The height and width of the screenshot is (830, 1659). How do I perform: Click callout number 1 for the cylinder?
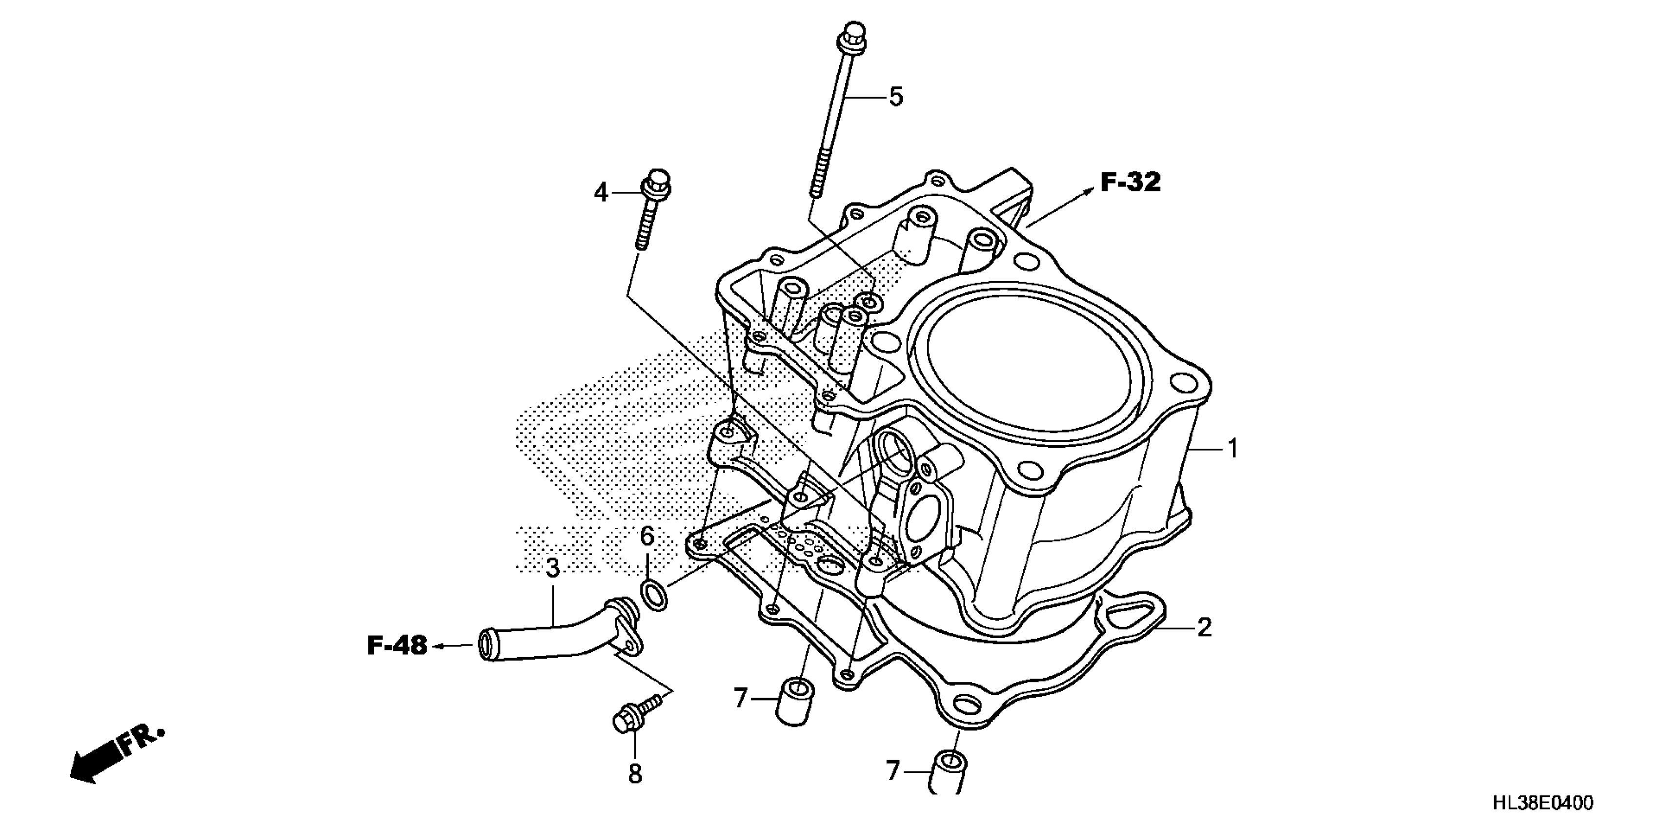(1233, 449)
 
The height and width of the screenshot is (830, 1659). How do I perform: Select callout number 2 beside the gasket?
(1204, 627)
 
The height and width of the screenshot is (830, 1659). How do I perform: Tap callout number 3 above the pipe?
(552, 569)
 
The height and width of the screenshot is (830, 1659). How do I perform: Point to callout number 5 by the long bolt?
(896, 97)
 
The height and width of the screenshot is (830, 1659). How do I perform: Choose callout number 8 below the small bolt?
(635, 774)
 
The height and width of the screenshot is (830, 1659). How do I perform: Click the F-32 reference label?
(1130, 183)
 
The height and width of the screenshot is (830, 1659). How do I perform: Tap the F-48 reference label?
(397, 646)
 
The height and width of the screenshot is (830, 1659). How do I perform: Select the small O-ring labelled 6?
(654, 596)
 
